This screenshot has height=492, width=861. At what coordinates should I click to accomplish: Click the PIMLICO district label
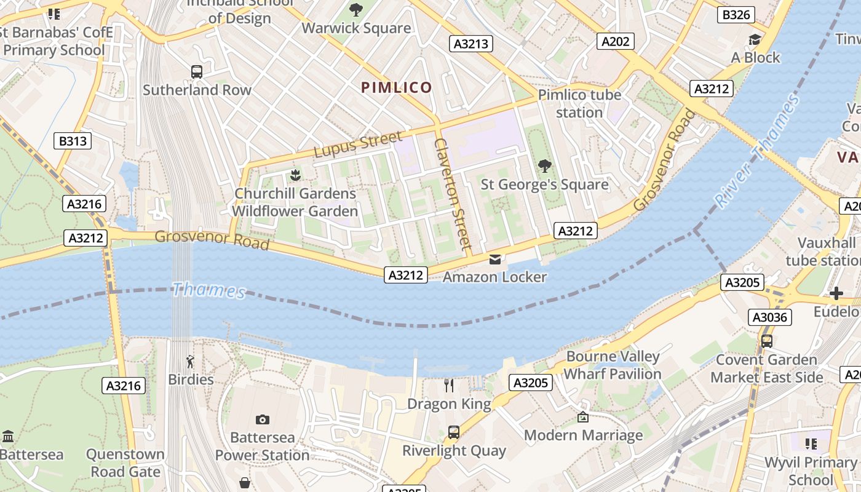point(397,87)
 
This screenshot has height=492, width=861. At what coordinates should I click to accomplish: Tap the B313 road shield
point(73,141)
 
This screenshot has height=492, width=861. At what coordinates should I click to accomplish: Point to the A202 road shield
point(615,41)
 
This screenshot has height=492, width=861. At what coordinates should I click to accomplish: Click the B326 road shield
point(736,15)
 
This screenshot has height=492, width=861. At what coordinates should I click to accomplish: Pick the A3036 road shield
point(769,317)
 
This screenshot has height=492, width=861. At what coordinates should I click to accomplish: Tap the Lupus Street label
point(358,145)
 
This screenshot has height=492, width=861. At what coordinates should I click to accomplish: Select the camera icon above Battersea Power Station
point(263,419)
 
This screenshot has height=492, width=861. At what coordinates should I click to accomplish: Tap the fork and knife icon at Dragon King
point(449,386)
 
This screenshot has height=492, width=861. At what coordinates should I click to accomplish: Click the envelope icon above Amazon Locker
point(495,259)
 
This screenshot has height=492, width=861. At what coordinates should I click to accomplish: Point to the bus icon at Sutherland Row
point(197,72)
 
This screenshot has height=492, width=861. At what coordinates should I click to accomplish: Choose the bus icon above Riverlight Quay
point(454,432)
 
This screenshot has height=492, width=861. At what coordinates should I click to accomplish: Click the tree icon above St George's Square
point(544,166)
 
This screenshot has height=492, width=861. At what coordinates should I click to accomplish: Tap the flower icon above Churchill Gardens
point(295,175)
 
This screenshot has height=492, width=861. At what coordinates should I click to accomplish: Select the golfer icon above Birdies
point(191,362)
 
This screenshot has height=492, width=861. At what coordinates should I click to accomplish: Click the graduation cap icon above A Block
point(755,40)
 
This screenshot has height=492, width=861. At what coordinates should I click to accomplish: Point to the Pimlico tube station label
point(579,103)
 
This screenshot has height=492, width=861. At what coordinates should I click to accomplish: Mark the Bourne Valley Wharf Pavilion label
point(613,365)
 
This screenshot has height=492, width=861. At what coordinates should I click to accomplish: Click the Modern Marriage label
point(583,435)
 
